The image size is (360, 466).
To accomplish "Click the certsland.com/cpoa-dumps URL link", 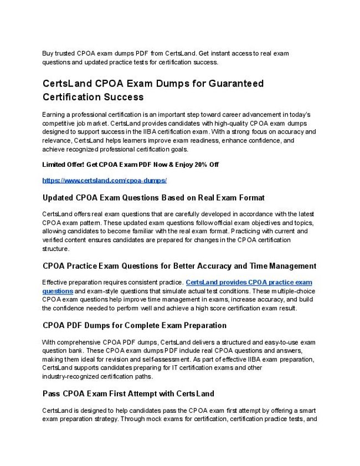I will [104, 181].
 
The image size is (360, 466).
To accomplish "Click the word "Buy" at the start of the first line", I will [49, 53].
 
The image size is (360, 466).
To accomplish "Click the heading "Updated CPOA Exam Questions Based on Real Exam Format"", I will [153, 198].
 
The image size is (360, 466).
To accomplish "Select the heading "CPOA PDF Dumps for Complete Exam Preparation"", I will [134, 325].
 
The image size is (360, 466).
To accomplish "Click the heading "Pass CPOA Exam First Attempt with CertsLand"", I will [128, 394].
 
